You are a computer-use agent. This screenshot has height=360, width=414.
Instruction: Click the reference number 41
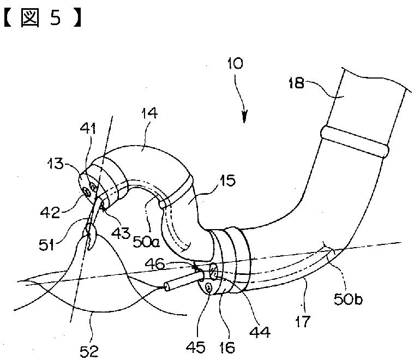[x=87, y=130]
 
